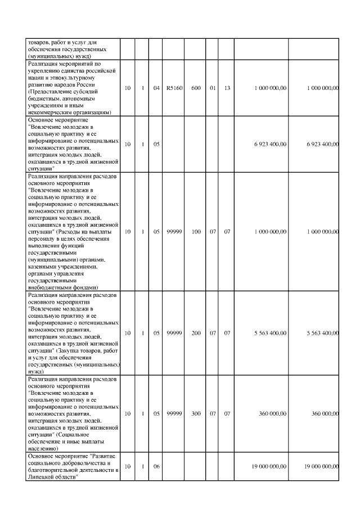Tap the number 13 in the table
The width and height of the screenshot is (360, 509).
point(227,88)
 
